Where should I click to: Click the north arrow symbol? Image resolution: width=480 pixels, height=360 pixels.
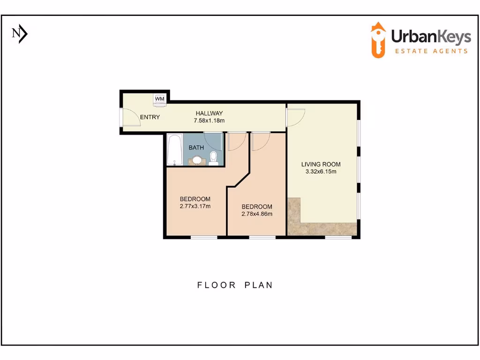tap(20, 34)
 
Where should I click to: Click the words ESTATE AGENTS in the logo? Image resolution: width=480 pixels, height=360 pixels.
tap(431, 51)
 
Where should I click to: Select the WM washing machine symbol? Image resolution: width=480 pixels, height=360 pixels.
tap(159, 99)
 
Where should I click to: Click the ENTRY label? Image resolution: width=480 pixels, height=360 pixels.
tap(150, 117)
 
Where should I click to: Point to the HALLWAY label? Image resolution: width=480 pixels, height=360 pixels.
tap(209, 113)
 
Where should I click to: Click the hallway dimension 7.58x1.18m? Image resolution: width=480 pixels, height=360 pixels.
tap(209, 120)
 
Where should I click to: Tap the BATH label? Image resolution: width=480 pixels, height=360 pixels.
tap(196, 148)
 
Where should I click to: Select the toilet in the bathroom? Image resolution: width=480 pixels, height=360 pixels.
tap(214, 157)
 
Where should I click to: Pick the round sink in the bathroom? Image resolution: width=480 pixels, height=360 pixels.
tap(197, 160)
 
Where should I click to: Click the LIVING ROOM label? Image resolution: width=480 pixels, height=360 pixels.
tap(321, 164)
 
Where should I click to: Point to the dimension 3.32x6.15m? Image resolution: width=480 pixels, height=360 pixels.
tap(321, 172)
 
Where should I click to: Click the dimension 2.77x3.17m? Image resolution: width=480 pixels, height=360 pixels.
tap(195, 206)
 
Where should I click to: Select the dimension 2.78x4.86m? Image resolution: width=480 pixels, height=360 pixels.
tap(256, 214)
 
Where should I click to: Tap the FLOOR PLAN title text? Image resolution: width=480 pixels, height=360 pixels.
tap(235, 285)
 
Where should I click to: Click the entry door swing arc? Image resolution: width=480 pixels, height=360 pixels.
tap(133, 119)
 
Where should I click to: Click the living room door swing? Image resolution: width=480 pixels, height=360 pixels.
tap(297, 118)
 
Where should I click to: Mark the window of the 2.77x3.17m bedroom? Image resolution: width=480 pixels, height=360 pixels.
tap(204, 237)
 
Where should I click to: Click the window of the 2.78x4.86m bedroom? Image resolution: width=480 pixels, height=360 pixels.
tap(262, 237)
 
